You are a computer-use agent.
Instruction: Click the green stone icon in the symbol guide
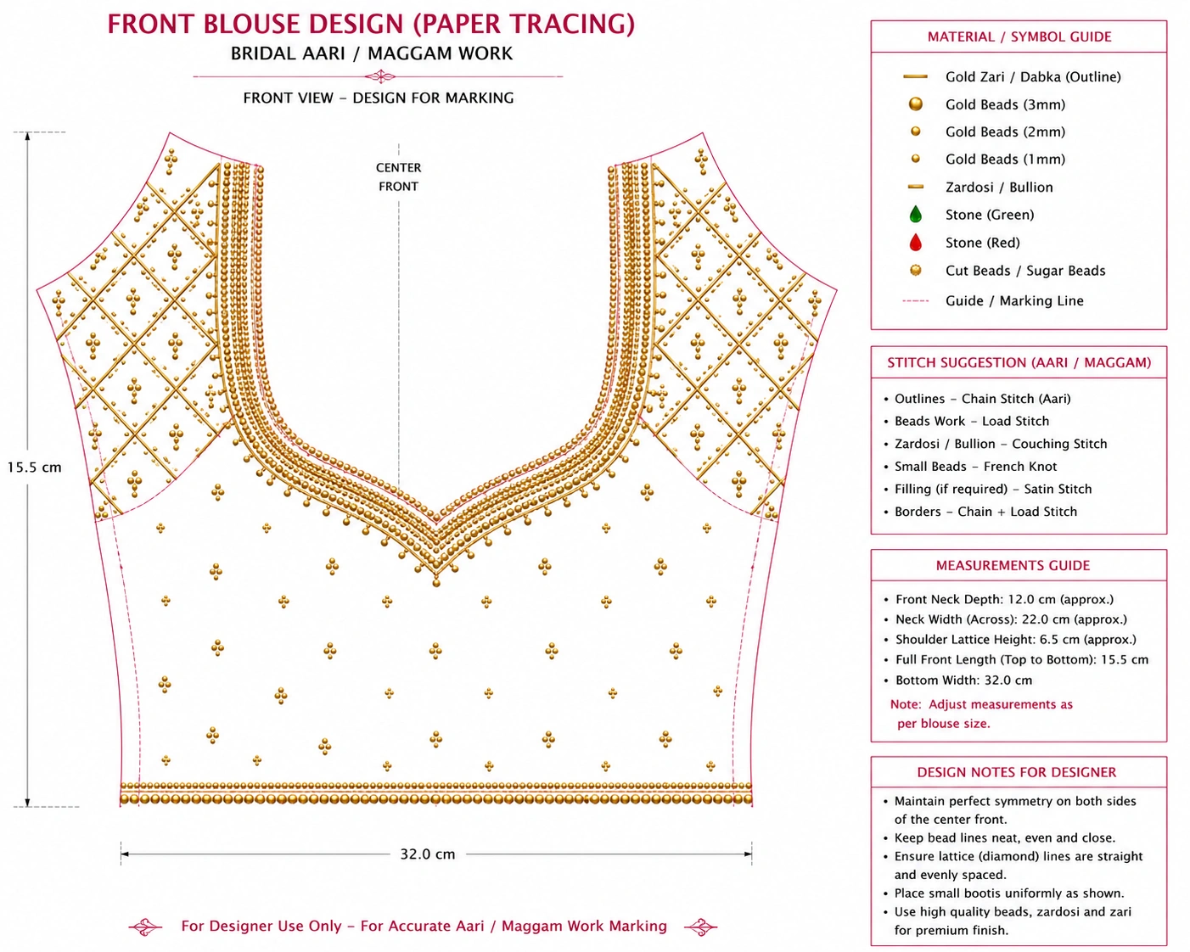tap(915, 214)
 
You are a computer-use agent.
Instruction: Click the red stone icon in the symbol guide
tap(915, 242)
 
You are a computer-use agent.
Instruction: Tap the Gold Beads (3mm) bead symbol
tap(915, 104)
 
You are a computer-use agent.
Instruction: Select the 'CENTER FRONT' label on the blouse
tap(398, 177)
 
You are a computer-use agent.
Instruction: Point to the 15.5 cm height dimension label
tap(34, 468)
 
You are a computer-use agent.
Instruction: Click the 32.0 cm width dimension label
tap(428, 854)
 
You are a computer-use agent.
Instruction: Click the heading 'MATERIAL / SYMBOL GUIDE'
tap(1019, 36)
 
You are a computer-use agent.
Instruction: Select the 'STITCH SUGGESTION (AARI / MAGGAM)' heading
tap(1019, 362)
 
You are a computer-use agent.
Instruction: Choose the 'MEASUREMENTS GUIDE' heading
tap(1013, 566)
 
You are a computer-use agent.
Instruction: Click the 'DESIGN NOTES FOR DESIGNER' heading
tap(1016, 772)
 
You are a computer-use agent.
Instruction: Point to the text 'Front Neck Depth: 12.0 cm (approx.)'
tap(1004, 599)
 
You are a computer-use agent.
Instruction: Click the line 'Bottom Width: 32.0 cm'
tap(964, 680)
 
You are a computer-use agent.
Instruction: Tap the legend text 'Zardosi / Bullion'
tap(999, 187)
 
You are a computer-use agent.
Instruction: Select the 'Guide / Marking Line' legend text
tap(1014, 300)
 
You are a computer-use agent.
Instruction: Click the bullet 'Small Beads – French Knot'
tap(975, 467)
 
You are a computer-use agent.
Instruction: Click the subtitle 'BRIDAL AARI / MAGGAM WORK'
tap(372, 53)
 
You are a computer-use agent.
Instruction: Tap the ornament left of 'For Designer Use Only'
tap(145, 927)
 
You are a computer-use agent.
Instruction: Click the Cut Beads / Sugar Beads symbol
tap(915, 271)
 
